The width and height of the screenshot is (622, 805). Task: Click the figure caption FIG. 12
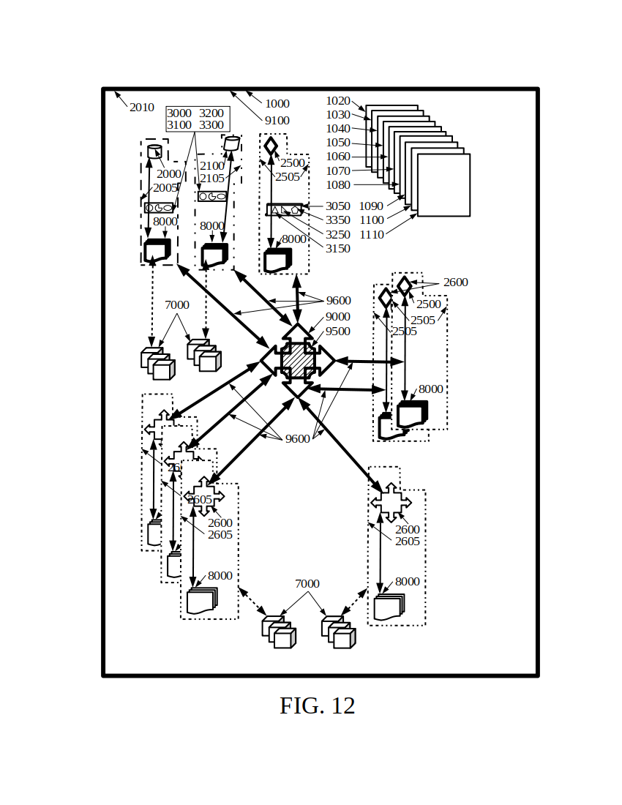tap(317, 706)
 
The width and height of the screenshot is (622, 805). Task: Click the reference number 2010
tap(142, 108)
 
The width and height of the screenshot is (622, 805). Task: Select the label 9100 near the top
tap(277, 121)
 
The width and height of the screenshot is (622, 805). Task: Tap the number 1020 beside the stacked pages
tap(338, 101)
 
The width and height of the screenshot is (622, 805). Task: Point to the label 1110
tap(372, 235)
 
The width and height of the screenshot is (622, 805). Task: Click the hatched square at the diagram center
tap(297, 360)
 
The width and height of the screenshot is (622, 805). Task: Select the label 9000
tap(337, 317)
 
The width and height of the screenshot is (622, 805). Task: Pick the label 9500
tap(337, 332)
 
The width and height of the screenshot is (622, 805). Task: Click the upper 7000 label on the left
tap(176, 305)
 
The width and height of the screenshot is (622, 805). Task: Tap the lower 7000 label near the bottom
tap(307, 584)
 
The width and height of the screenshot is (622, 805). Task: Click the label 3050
tap(337, 206)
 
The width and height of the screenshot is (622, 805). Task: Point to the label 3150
tap(337, 249)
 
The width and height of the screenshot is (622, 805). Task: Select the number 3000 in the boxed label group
tap(179, 113)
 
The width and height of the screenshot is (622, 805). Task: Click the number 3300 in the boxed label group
tap(211, 125)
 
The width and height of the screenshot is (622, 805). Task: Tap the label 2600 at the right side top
tap(455, 282)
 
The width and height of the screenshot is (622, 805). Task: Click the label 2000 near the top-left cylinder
tap(168, 174)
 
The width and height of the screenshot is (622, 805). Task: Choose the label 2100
tap(212, 166)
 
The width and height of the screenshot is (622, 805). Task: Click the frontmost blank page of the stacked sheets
tap(443, 185)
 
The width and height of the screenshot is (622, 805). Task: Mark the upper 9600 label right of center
tap(338, 301)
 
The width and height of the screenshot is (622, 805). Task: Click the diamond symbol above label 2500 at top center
tap(271, 146)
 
